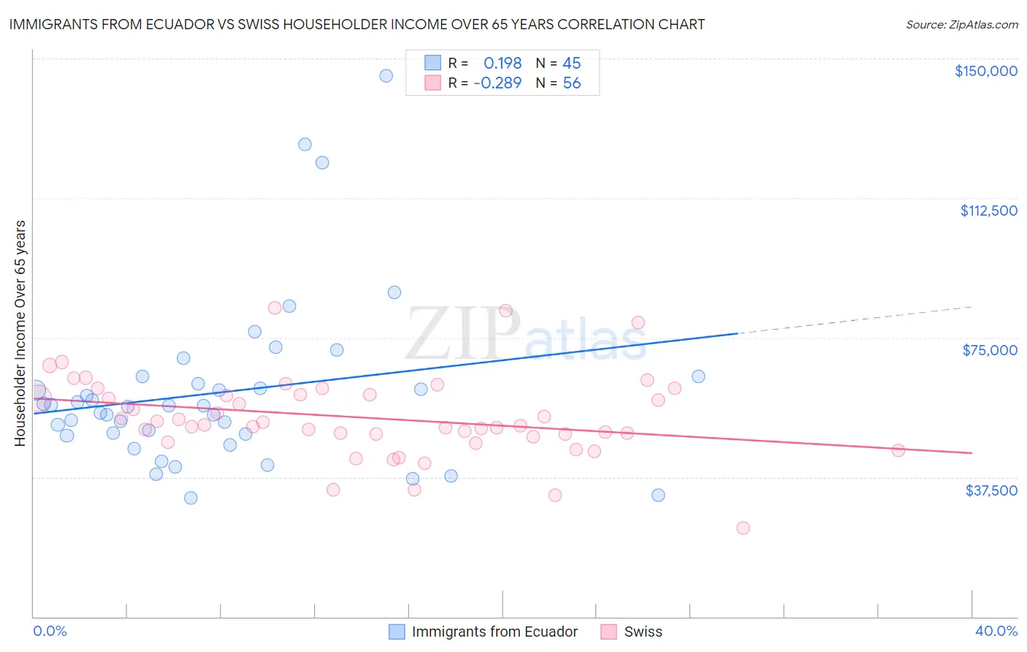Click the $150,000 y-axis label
(985, 71)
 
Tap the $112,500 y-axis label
(988, 211)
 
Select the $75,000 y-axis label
(990, 350)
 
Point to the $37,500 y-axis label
(991, 490)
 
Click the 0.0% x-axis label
(50, 631)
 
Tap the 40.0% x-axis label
(996, 631)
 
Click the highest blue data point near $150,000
(386, 76)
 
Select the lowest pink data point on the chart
(743, 528)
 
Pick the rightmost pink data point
(898, 450)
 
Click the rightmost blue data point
(698, 376)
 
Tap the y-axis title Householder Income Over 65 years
(20, 333)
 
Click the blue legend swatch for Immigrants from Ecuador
(397, 632)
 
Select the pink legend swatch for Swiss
(608, 632)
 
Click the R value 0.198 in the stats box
(503, 63)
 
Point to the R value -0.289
(497, 83)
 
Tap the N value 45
(571, 63)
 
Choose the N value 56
(571, 83)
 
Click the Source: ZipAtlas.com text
(961, 24)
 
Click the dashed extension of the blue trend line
(855, 320)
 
